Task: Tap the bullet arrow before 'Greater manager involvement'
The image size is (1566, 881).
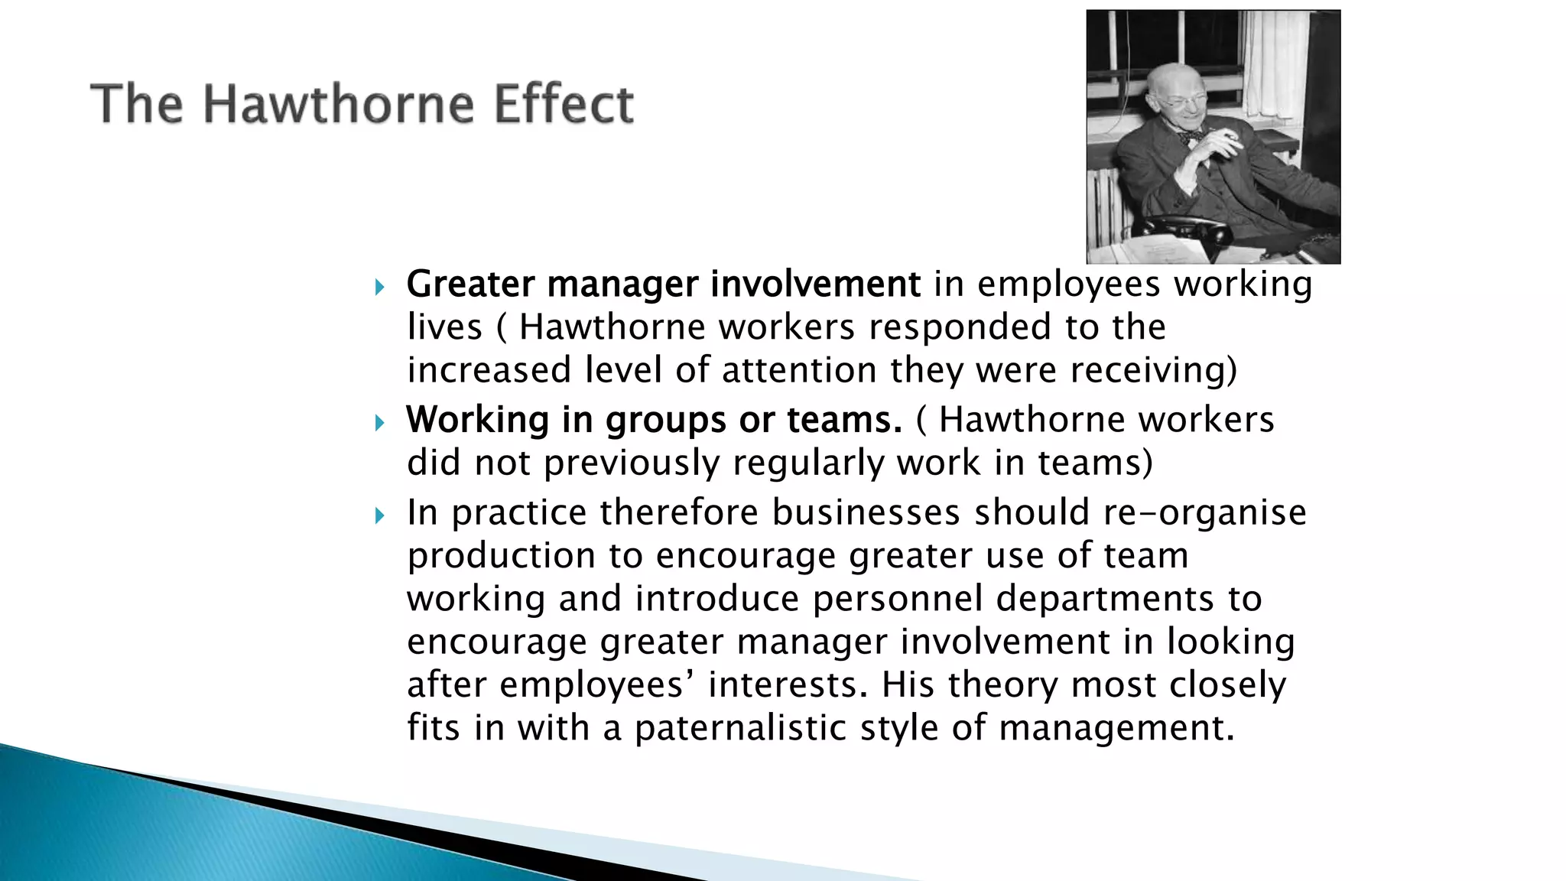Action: (x=380, y=288)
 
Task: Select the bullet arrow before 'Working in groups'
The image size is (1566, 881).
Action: (x=380, y=423)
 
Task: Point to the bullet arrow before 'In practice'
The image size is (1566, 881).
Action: (x=380, y=516)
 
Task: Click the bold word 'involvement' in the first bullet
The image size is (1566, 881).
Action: (x=815, y=284)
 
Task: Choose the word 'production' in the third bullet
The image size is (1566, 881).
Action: (x=501, y=555)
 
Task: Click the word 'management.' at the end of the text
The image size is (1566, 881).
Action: (x=1116, y=727)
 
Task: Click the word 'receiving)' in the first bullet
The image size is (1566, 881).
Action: (x=1153, y=370)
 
